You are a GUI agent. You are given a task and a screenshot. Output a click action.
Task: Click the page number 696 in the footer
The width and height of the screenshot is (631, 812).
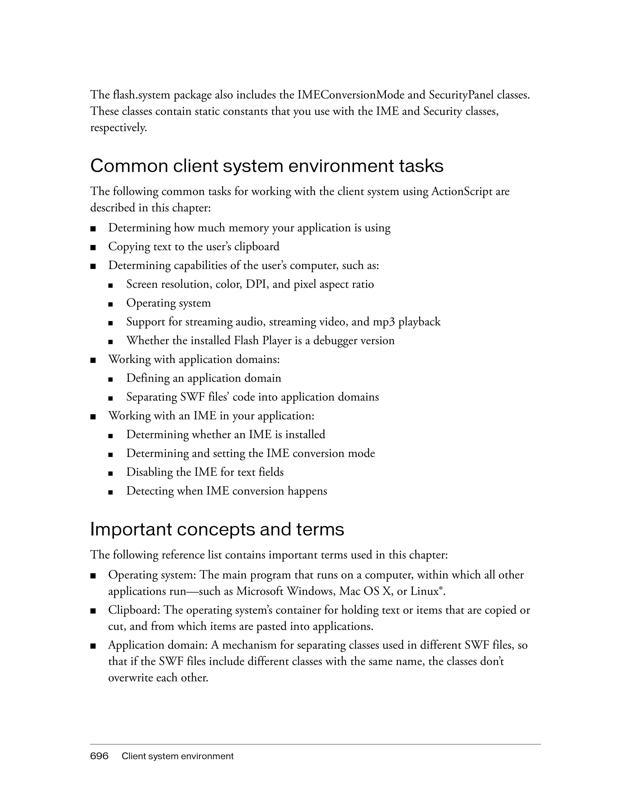click(99, 756)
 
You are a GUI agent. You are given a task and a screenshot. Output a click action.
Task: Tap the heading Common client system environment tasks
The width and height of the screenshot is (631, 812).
click(267, 166)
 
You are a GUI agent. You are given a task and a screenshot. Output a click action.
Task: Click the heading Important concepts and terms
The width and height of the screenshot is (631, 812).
click(217, 529)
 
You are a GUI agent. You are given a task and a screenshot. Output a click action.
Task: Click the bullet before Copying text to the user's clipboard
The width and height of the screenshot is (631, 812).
click(93, 247)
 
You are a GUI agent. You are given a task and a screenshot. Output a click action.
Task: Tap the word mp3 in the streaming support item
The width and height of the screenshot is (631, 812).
click(384, 322)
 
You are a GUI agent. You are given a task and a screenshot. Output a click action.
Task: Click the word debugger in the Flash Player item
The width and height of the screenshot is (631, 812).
click(336, 340)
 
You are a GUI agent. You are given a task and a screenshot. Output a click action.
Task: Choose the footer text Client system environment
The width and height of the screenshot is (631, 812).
click(177, 756)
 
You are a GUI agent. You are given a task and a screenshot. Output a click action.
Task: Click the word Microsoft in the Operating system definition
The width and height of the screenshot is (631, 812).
click(262, 591)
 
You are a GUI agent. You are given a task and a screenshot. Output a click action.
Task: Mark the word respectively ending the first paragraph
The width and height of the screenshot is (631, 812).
click(118, 128)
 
